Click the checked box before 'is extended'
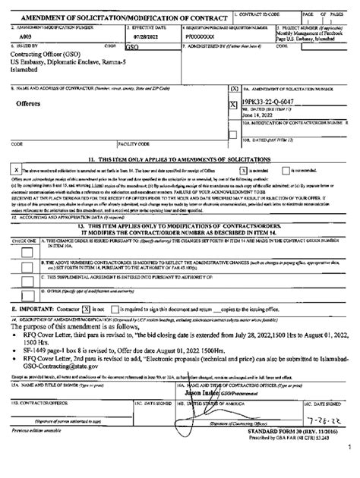(x=240, y=171)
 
